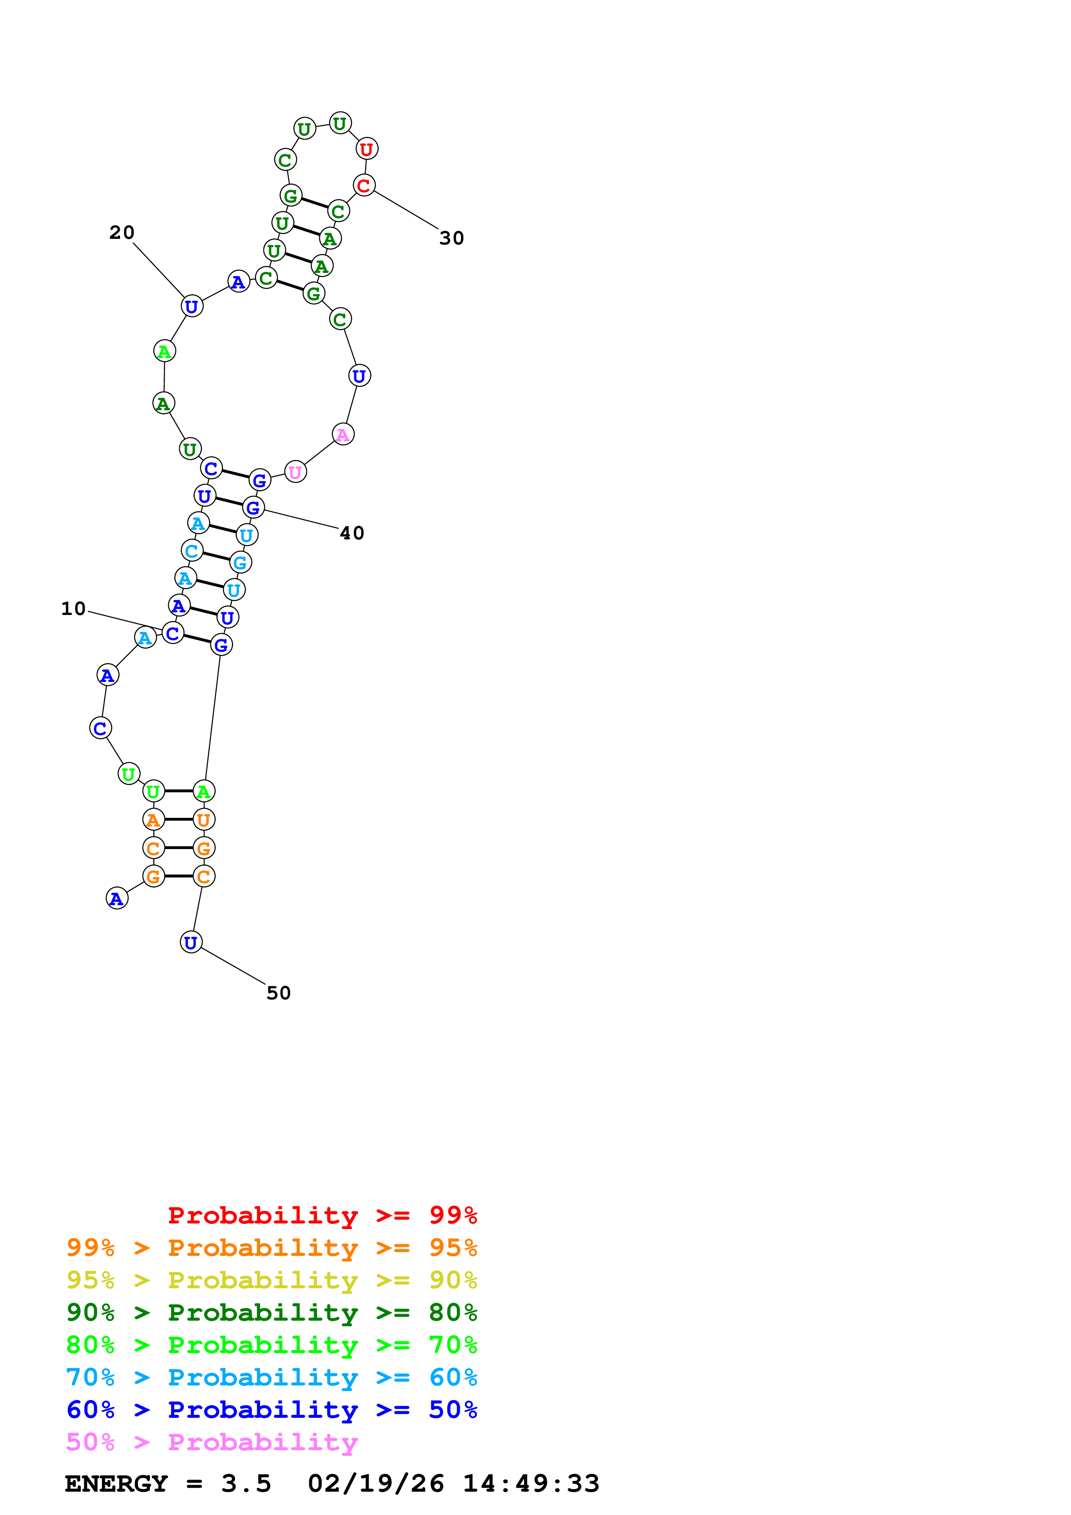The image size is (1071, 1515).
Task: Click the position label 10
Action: click(x=73, y=609)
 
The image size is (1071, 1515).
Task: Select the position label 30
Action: click(x=451, y=238)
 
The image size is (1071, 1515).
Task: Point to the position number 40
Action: click(x=352, y=533)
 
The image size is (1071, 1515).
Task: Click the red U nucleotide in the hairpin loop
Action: click(x=366, y=149)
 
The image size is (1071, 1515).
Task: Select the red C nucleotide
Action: click(x=364, y=185)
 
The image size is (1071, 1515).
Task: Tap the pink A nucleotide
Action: click(x=343, y=434)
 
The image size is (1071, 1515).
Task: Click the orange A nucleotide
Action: click(x=153, y=820)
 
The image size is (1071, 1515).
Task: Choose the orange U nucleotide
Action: click(x=203, y=820)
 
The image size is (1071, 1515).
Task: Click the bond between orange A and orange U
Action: click(x=178, y=820)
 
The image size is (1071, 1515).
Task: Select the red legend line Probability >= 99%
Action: click(x=322, y=1215)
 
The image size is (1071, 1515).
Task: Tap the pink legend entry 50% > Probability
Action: click(x=212, y=1442)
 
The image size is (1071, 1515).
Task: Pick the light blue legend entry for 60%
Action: click(x=271, y=1377)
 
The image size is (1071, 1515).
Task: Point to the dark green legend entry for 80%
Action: click(x=271, y=1312)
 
